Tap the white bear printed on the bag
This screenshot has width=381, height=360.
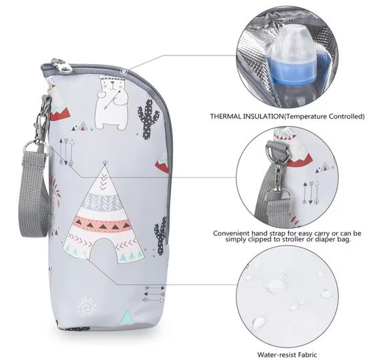pyautogui.click(x=112, y=102)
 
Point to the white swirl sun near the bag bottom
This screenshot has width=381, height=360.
pyautogui.click(x=86, y=307)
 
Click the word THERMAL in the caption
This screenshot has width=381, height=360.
pyautogui.click(x=226, y=116)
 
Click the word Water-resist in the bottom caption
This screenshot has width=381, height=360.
pyautogui.click(x=275, y=355)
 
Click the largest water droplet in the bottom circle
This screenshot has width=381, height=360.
pyautogui.click(x=276, y=285)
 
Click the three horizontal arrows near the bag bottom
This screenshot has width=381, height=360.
pyautogui.click(x=154, y=294)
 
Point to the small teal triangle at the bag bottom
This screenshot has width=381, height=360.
pyautogui.click(x=127, y=317)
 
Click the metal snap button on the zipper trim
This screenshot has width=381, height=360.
pyautogui.click(x=124, y=72)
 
